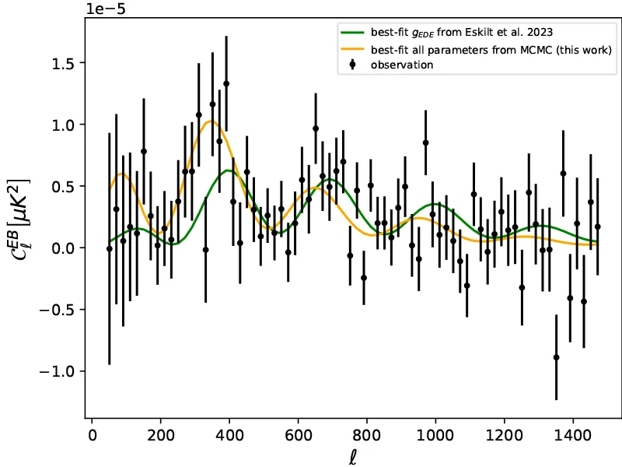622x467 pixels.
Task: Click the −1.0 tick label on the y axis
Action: point(58,371)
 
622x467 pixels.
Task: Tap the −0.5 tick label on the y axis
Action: point(58,310)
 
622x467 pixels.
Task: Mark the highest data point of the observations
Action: point(226,83)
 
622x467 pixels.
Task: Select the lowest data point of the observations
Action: point(556,357)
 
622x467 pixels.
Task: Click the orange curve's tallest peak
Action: point(211,121)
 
